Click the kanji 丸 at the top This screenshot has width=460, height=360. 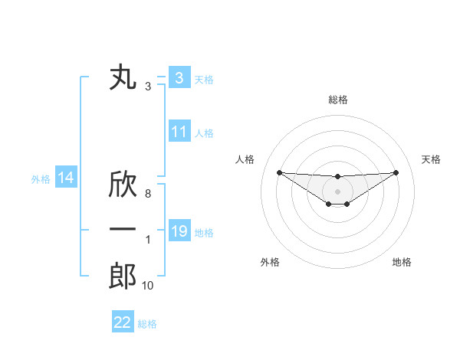(x=123, y=78)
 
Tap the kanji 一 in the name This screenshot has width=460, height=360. (x=123, y=230)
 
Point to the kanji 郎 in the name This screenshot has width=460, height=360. (x=123, y=275)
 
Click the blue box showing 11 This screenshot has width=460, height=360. (x=179, y=132)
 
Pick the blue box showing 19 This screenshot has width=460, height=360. (x=179, y=231)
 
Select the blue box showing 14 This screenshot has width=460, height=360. (x=66, y=178)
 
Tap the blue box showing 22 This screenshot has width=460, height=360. (x=123, y=322)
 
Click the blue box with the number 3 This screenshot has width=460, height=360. (x=179, y=77)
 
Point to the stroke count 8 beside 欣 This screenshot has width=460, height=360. (x=148, y=195)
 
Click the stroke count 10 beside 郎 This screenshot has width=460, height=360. (x=148, y=285)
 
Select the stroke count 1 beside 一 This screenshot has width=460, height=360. (x=148, y=240)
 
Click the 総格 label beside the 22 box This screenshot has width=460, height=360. (x=147, y=324)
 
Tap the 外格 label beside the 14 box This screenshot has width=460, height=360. (x=41, y=179)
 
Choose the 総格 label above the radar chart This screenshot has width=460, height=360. (x=337, y=100)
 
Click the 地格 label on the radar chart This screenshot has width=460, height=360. (x=402, y=262)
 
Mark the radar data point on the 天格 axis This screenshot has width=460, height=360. (x=396, y=172)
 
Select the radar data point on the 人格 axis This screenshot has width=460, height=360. (x=279, y=172)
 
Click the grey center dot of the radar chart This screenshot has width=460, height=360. (x=337, y=191)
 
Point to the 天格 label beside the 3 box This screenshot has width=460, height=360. (x=204, y=78)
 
